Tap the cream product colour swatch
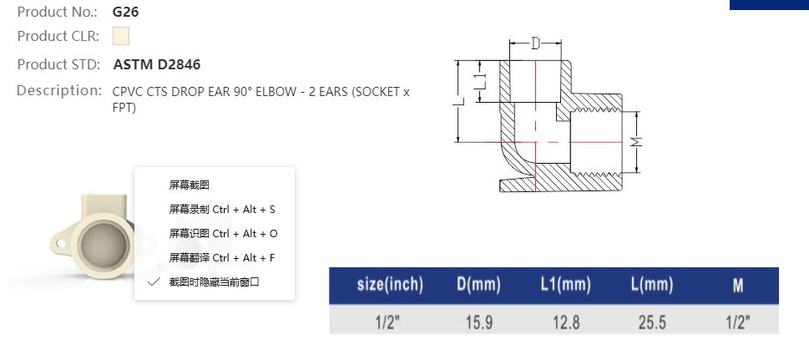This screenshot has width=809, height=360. click(x=121, y=36)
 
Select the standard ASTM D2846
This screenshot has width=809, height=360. click(x=156, y=64)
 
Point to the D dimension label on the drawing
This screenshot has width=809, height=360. click(x=535, y=44)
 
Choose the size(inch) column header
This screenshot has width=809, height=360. click(x=390, y=285)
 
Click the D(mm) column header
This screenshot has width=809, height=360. click(x=478, y=285)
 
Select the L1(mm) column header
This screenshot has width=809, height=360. click(x=565, y=285)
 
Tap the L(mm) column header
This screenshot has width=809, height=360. click(x=651, y=285)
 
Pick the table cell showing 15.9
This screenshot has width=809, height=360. click(x=478, y=322)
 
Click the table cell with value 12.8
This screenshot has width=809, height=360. click(x=565, y=322)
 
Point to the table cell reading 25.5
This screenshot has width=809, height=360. click(x=651, y=322)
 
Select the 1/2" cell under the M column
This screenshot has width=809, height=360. click(x=738, y=322)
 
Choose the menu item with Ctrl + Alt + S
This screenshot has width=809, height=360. click(x=222, y=209)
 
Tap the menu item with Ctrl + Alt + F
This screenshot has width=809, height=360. click(x=222, y=257)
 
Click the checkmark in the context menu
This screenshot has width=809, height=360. click(x=154, y=281)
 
